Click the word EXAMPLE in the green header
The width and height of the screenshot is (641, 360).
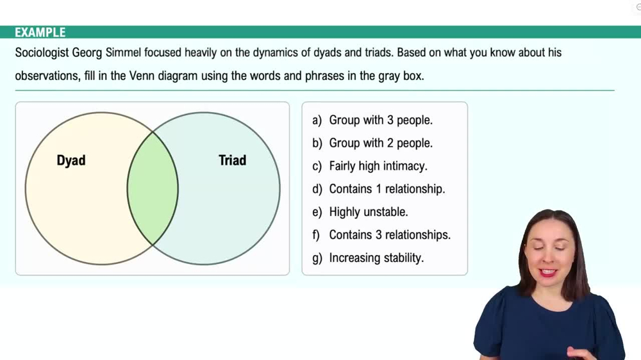[x=40, y=32]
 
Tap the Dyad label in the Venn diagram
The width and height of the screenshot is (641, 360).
[x=71, y=160]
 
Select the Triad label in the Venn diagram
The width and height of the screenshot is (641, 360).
[x=232, y=160]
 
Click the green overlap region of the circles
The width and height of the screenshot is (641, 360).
[x=153, y=188]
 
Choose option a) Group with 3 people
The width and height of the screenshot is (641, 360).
[x=380, y=120]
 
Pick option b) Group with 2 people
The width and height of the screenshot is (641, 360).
[x=380, y=143]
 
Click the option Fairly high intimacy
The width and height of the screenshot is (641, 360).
[x=378, y=166]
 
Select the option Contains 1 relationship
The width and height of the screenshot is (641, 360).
[x=387, y=189]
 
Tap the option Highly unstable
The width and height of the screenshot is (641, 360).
[x=368, y=212]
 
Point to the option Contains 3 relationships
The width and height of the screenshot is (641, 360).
[x=389, y=235]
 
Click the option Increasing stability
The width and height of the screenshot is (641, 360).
[x=376, y=258]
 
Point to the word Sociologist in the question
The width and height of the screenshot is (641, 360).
[x=41, y=53]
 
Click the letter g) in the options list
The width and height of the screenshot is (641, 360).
[x=317, y=258]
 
